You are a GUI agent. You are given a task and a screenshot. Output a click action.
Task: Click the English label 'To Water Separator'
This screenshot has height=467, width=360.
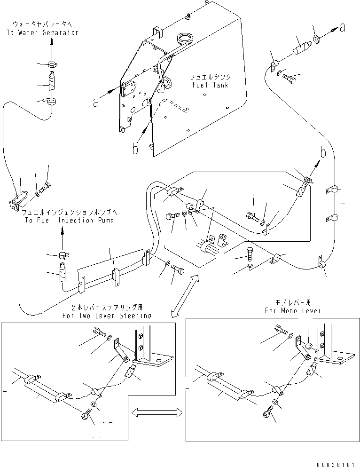coord(42,32)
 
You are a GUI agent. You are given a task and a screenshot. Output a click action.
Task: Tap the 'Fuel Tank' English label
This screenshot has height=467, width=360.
coord(210,85)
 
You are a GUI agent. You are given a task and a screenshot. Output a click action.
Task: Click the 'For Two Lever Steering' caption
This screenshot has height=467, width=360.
coord(107,316)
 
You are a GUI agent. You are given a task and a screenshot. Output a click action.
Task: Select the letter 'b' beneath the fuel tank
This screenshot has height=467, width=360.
coord(135,150)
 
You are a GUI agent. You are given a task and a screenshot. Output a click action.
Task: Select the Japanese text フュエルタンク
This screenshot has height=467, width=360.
coord(210,77)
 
